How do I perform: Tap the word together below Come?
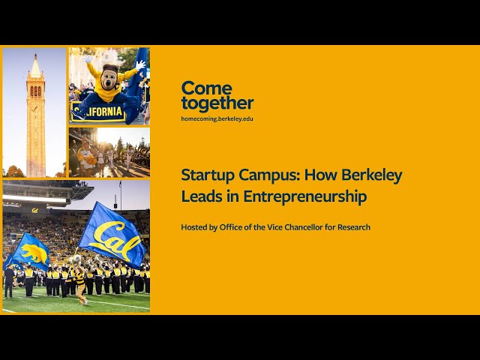pyautogui.click(x=217, y=103)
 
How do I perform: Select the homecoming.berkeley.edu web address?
pyautogui.click(x=217, y=118)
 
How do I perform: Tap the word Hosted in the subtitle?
pyautogui.click(x=195, y=227)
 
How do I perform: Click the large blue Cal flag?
pyautogui.click(x=112, y=234)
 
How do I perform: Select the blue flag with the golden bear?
pyautogui.click(x=28, y=250)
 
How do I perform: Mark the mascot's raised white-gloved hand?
pyautogui.click(x=139, y=65)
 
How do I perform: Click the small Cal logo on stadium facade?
pyautogui.click(x=34, y=211)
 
